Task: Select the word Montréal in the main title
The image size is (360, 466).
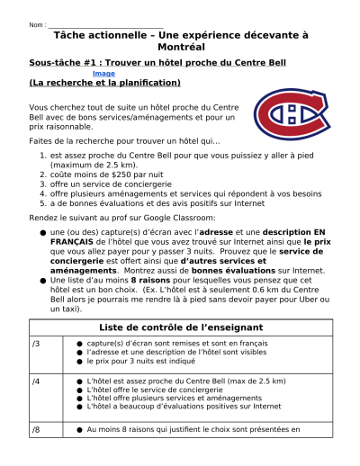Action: click(181, 46)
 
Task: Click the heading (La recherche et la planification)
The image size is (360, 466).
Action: click(104, 83)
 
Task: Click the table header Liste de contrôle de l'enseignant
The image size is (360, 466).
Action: click(181, 327)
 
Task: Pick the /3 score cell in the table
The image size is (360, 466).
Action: click(36, 344)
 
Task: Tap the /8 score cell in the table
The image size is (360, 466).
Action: click(36, 430)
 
